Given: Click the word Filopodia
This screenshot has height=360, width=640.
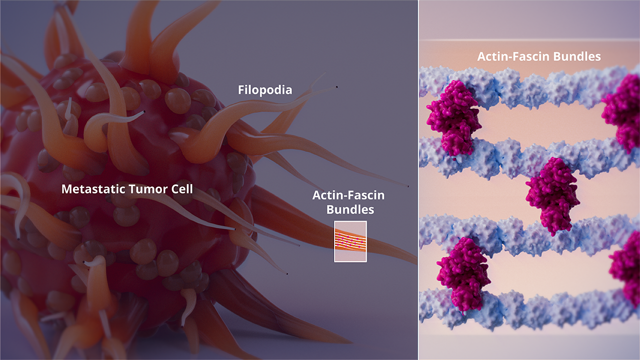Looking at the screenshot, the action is (265, 90).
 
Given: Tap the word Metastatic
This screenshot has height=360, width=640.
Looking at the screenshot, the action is (93, 189).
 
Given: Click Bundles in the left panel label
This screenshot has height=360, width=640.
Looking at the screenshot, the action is (350, 209).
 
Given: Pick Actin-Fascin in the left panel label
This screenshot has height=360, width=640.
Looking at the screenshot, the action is (348, 195).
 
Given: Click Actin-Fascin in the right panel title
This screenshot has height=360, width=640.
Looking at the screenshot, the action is (513, 56).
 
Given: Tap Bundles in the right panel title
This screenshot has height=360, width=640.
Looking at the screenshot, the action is (577, 56).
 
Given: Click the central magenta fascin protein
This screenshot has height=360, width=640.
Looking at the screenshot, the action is (553, 195).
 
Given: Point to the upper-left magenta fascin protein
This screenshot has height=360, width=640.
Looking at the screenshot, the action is (453, 117).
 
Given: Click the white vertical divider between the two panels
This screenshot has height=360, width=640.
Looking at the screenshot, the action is (418, 180).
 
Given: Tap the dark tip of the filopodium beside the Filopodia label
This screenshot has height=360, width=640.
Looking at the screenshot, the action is (337, 87).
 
